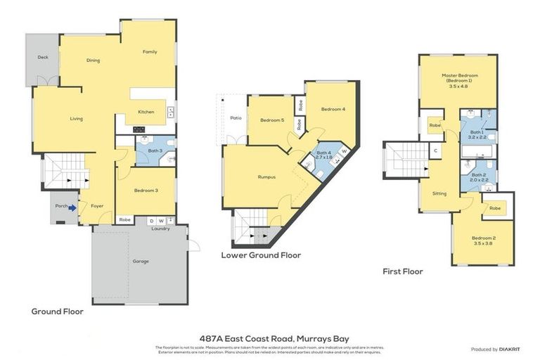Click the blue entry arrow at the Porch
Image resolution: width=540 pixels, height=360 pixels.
[72, 207]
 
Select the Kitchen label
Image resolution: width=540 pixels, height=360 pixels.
[146, 112]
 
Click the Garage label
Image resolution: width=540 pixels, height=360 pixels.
[141, 261]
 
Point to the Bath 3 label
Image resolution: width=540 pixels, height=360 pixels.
[155, 150]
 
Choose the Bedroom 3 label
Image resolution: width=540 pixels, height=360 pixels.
[146, 191]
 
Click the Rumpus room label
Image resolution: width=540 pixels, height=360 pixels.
[266, 177]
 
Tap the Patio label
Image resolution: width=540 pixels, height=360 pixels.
[236, 117]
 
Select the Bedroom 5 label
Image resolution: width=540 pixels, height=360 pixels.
[271, 120]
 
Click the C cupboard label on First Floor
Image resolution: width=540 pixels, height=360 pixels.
[436, 150]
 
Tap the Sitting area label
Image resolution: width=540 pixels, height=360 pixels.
[439, 193]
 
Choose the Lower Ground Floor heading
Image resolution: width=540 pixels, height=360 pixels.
[261, 255]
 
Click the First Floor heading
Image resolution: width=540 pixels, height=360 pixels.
[403, 271]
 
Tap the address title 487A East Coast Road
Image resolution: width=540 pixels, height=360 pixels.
[270, 339]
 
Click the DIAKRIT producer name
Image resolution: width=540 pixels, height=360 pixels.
[508, 349]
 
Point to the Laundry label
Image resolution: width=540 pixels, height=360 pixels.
[161, 229]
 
